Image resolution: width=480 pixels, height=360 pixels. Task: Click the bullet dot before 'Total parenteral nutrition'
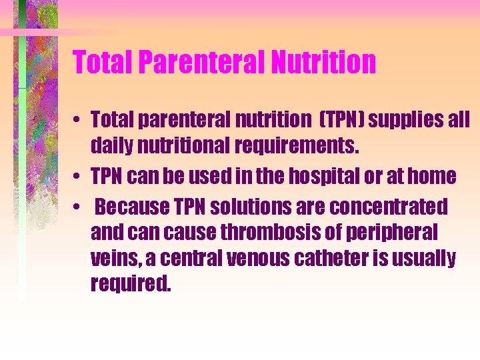tap(79, 121)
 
